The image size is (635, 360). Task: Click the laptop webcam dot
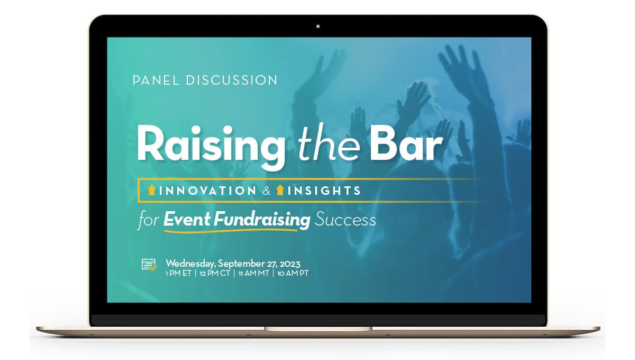(318, 25)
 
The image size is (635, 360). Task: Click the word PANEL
(157, 80)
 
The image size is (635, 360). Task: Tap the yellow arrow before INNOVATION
(152, 191)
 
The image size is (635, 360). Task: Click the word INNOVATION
(207, 191)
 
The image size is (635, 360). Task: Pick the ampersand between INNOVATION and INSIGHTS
(266, 191)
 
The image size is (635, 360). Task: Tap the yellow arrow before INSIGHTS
(280, 191)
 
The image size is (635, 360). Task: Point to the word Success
(345, 219)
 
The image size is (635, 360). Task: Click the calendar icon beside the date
(149, 265)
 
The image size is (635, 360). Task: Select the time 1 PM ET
(178, 274)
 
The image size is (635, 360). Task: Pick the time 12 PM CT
(214, 274)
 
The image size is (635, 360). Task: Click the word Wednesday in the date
(190, 263)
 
